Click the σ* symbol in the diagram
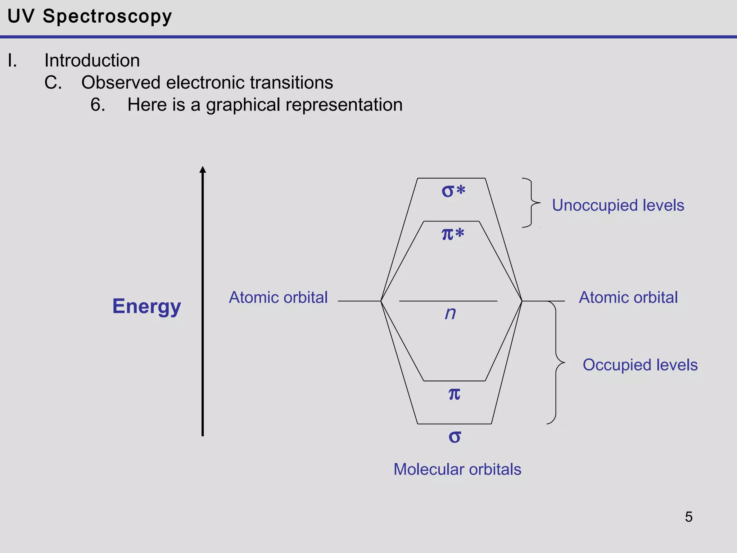click(x=453, y=191)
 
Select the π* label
click(x=453, y=234)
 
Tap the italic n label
click(x=450, y=313)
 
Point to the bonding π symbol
click(x=454, y=394)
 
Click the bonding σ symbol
click(x=455, y=437)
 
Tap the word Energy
click(x=146, y=307)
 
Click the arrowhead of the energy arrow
click(x=203, y=170)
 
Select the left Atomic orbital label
click(x=278, y=298)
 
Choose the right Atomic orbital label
click(x=628, y=298)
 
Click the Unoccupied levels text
click(x=618, y=206)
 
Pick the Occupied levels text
click(x=640, y=365)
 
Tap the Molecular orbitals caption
click(x=457, y=469)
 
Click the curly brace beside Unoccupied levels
click(x=531, y=203)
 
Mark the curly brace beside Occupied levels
click(x=556, y=362)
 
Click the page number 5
click(x=688, y=517)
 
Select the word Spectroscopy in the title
click(x=107, y=17)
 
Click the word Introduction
click(x=92, y=60)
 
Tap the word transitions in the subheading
click(x=291, y=83)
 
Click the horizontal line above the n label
click(x=448, y=301)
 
